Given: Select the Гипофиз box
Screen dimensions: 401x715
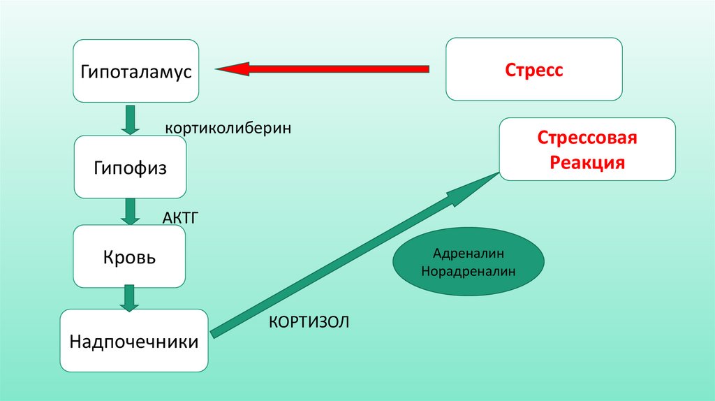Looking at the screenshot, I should (130, 168).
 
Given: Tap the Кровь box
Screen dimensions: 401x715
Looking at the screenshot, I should (130, 257).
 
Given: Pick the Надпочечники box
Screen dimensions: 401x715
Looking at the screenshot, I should (134, 342).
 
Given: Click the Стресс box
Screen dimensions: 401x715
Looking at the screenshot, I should (534, 70).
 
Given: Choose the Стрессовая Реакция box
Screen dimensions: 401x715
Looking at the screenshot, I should (587, 150).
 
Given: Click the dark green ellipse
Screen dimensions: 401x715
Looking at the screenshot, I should (468, 261).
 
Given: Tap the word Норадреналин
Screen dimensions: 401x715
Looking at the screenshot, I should (468, 270).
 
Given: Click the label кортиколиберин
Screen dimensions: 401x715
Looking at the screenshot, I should (228, 129).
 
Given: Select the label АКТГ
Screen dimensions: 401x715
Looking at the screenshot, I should (182, 218).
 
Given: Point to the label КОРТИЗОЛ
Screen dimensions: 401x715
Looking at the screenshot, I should (308, 322).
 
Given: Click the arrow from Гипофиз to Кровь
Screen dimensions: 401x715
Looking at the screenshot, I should (130, 210).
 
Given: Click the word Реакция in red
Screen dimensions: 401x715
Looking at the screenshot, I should (587, 163).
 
